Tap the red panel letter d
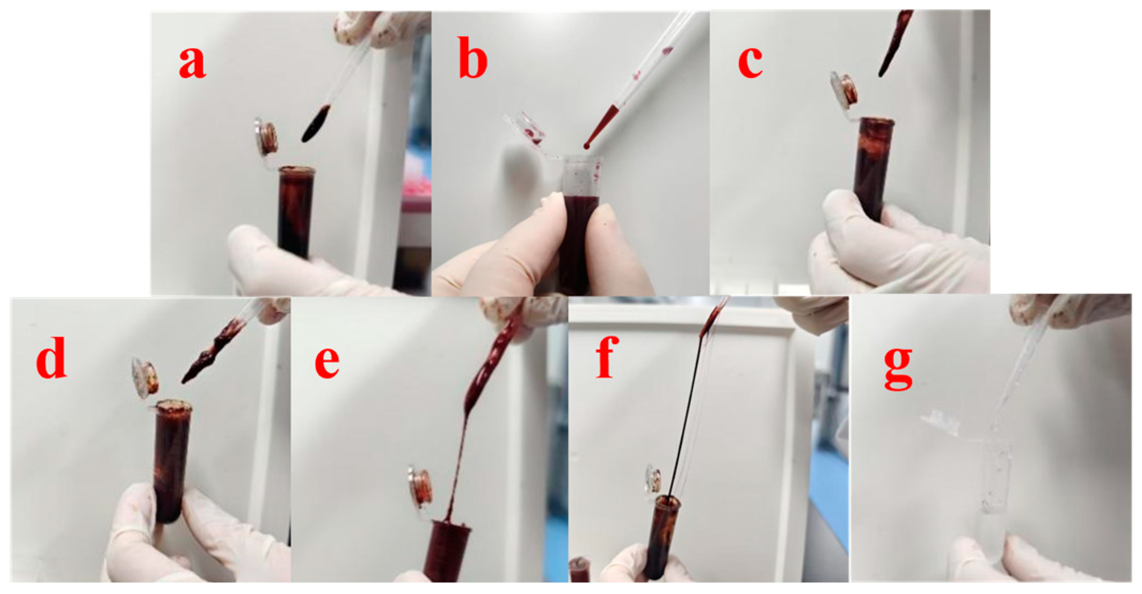pos(52,357)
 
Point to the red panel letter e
pos(327,363)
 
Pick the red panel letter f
pos(608,357)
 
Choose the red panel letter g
pos(898,368)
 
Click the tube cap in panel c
pos(843,89)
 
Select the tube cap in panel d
pos(145,378)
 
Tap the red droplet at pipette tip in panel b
pos(587,145)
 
